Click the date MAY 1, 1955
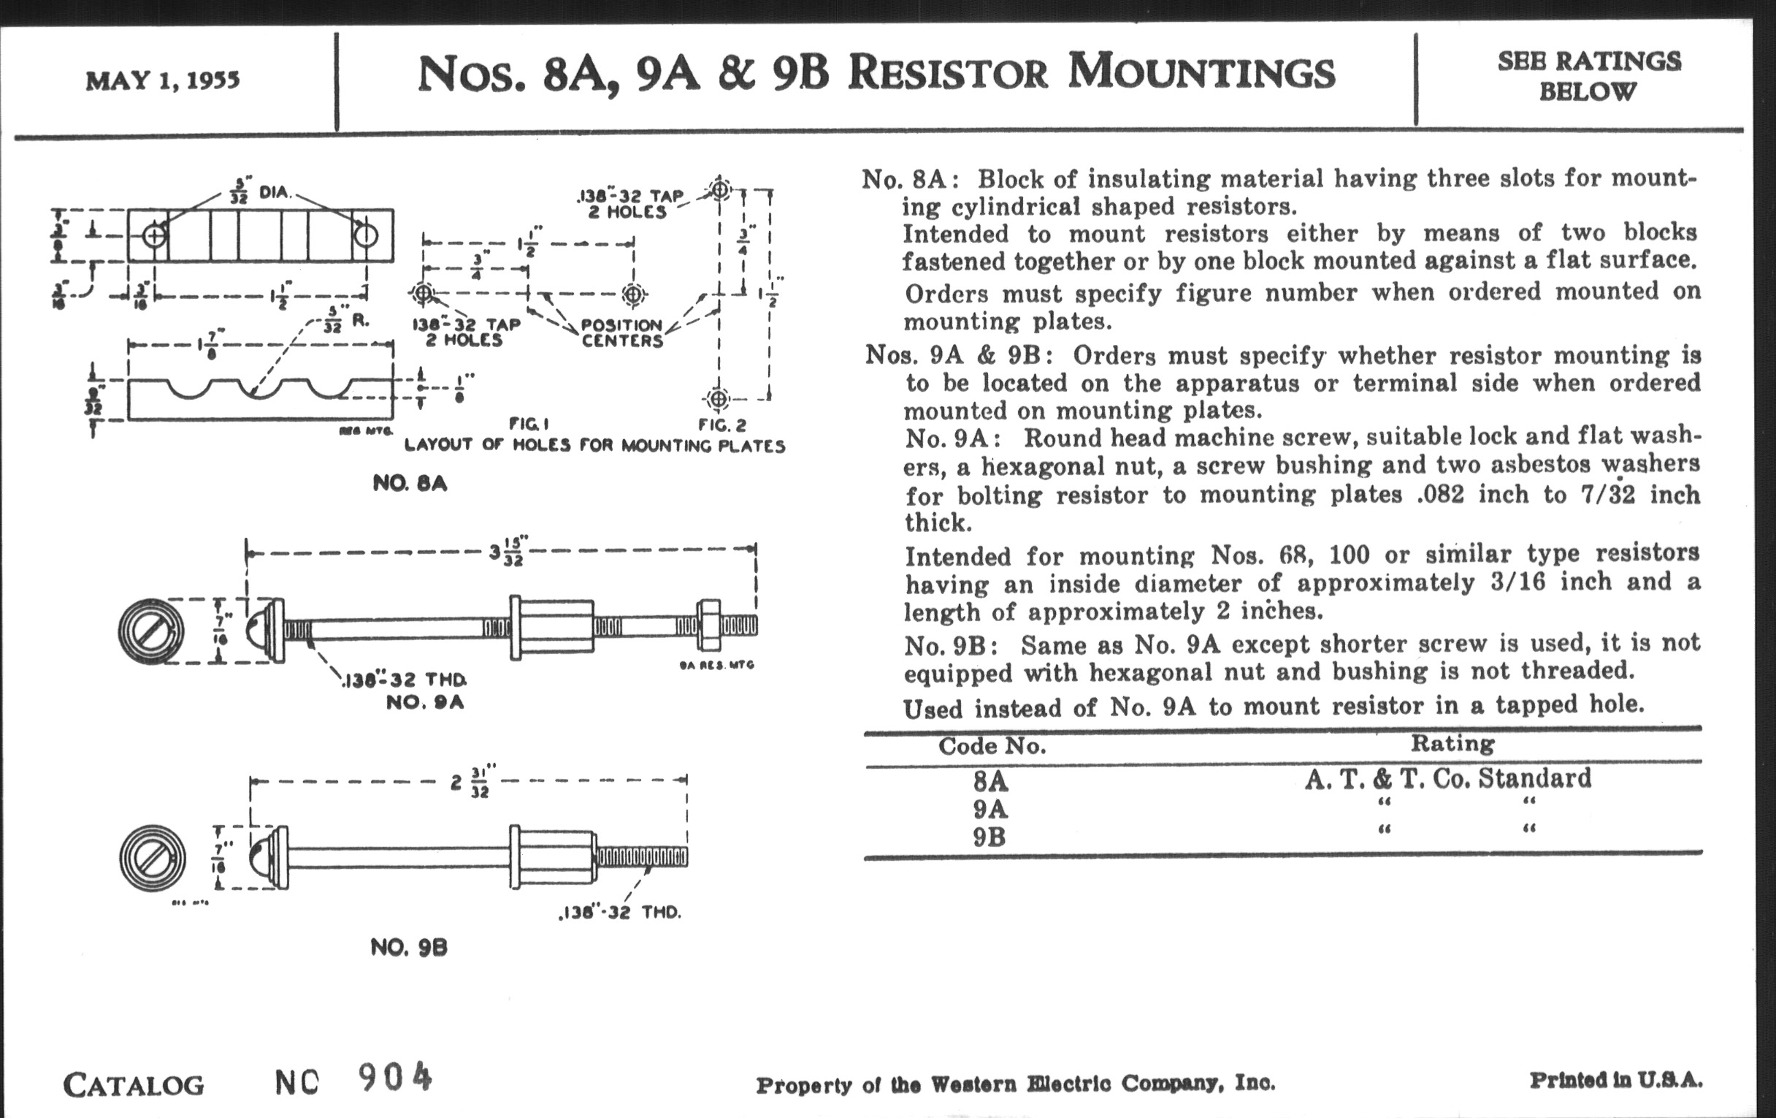162,80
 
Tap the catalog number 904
394,1078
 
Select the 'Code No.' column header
992,746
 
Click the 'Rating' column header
1452,743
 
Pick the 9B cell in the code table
988,837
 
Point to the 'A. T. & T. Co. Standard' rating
1447,778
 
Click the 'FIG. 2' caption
722,425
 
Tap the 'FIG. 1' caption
529,425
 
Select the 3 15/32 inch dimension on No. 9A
508,551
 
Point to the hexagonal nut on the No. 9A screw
709,625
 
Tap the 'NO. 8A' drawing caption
410,483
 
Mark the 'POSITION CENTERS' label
621,332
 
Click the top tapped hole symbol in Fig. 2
720,190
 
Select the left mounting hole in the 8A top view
154,236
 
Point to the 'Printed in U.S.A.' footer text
1615,1080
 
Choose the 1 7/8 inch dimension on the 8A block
211,345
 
